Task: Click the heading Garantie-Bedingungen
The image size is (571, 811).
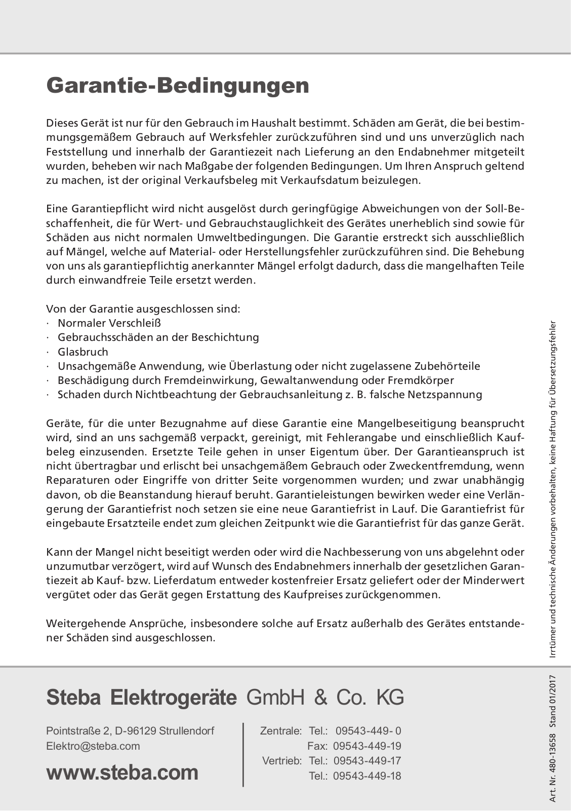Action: (178, 86)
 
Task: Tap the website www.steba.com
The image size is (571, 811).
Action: (122, 773)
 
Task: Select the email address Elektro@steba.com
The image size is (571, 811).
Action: (93, 746)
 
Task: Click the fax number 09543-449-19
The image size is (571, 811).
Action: (368, 746)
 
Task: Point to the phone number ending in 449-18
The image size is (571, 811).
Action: (368, 776)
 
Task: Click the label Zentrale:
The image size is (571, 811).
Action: (281, 731)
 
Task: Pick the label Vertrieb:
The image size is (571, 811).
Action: (282, 761)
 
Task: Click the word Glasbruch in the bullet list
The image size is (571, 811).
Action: (83, 352)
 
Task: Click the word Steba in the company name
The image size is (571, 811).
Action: (75, 698)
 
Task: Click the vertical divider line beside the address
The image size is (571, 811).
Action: (243, 754)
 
